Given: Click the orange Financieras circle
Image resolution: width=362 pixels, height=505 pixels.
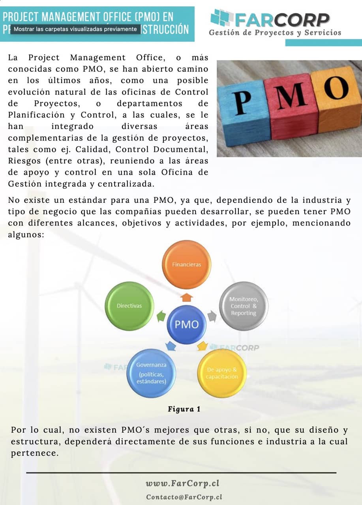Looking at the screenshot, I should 187,264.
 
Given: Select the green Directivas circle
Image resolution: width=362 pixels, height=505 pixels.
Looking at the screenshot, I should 129,306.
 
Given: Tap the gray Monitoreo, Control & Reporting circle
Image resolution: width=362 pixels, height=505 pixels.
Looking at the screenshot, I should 244,306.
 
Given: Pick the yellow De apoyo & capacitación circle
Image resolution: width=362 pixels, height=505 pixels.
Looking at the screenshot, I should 222,373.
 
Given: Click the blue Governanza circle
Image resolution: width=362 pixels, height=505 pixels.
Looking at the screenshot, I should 151,373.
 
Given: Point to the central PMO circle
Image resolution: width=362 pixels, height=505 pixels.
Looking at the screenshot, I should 187,324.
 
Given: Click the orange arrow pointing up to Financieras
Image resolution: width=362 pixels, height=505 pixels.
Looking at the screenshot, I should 187,297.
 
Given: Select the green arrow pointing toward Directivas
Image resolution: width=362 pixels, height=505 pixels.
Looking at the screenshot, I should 161,316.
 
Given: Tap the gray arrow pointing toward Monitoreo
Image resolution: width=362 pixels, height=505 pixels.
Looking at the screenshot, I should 212,315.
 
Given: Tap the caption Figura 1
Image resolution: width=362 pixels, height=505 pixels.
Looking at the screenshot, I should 184,409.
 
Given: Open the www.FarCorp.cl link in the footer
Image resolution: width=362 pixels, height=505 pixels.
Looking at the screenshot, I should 182,483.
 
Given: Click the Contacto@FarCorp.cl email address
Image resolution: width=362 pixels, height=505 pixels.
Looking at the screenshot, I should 184,497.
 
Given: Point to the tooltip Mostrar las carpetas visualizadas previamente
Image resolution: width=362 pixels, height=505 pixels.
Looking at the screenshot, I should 75,29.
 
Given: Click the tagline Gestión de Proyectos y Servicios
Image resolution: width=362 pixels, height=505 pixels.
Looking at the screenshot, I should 275,33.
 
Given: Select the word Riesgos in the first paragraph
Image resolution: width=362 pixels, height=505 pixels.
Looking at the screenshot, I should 23,161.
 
